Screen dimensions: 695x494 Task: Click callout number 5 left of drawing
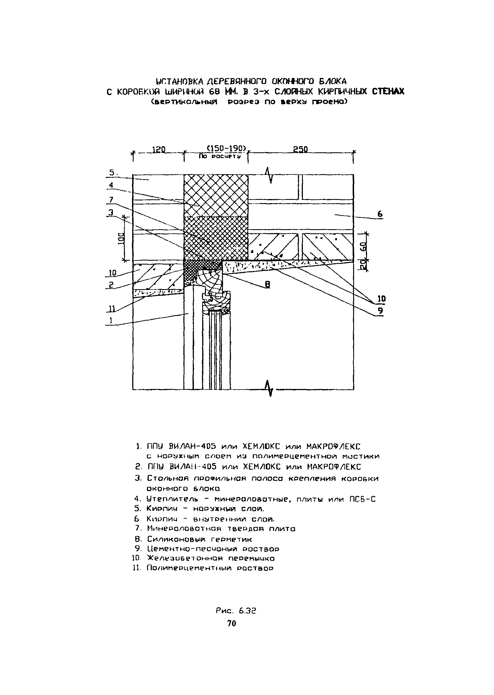pyautogui.click(x=112, y=173)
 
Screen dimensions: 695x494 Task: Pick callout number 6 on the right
pyautogui.click(x=380, y=214)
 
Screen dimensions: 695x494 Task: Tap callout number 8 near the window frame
pyautogui.click(x=267, y=284)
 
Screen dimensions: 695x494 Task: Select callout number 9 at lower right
pyautogui.click(x=381, y=311)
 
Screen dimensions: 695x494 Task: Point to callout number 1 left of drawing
pyautogui.click(x=111, y=320)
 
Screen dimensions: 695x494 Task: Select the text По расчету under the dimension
pyautogui.click(x=220, y=156)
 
